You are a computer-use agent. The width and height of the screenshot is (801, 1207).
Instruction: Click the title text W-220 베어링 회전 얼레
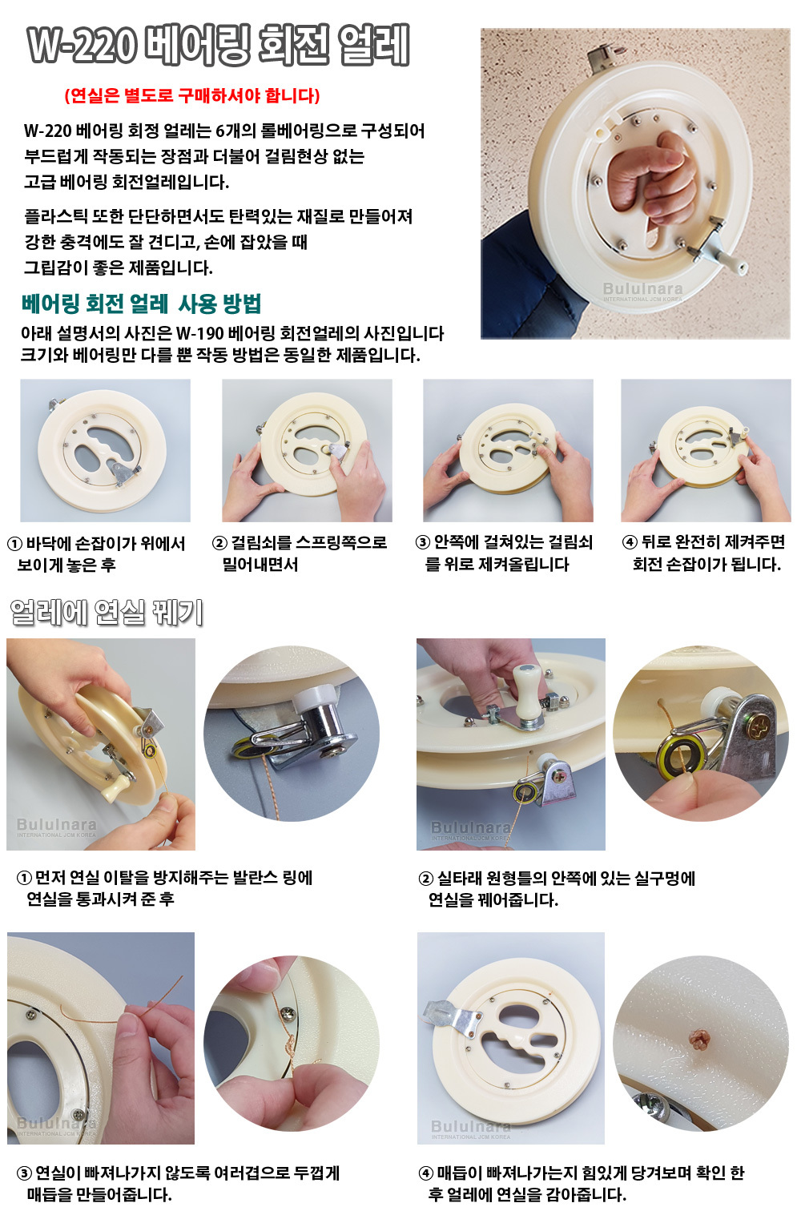(219, 46)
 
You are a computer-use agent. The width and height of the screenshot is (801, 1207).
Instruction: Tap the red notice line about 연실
(192, 95)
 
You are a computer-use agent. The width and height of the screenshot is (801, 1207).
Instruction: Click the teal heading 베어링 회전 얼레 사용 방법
(141, 304)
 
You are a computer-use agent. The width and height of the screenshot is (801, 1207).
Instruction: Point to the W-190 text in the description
(200, 333)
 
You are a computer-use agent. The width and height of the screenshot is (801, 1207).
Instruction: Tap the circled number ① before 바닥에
(14, 544)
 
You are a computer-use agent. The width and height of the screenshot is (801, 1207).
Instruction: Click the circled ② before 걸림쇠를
(219, 542)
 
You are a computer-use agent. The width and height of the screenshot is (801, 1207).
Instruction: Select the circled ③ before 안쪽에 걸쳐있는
(423, 542)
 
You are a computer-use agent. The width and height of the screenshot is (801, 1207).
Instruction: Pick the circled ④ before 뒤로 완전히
(630, 542)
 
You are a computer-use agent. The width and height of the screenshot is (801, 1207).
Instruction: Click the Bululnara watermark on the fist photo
(642, 291)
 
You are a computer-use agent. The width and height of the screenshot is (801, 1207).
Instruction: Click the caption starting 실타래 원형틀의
(557, 879)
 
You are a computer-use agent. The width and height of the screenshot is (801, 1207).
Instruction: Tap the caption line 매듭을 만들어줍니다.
(99, 1194)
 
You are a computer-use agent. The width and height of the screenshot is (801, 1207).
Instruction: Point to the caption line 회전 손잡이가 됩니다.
(706, 564)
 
